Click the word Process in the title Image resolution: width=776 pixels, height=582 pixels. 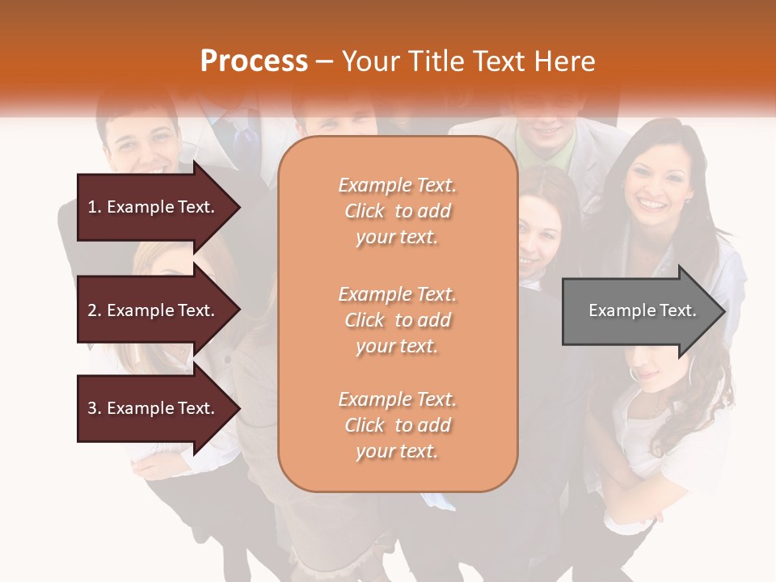254,61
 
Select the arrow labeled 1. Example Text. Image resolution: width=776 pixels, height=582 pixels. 154,207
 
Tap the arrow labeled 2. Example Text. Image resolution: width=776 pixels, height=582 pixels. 154,310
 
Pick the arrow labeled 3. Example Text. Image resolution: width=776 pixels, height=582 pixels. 154,408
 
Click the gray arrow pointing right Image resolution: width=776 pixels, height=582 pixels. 639,310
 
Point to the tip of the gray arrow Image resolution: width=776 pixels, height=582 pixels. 723,311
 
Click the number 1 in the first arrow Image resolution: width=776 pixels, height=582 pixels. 92,207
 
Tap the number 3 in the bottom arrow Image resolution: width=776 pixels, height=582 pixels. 92,408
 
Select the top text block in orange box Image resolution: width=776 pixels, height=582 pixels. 397,211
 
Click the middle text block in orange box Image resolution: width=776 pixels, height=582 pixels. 397,319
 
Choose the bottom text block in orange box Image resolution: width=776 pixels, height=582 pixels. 397,424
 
